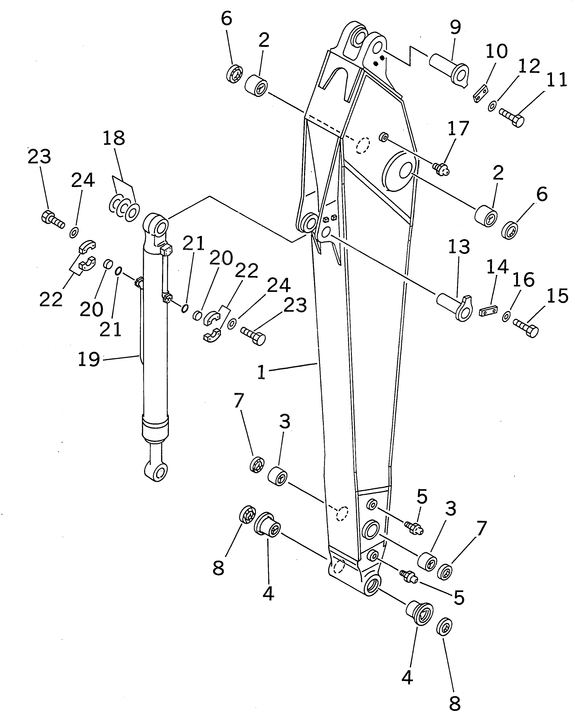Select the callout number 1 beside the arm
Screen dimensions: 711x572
point(261,373)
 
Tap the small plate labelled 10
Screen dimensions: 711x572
point(481,94)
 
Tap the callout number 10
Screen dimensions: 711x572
point(497,51)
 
